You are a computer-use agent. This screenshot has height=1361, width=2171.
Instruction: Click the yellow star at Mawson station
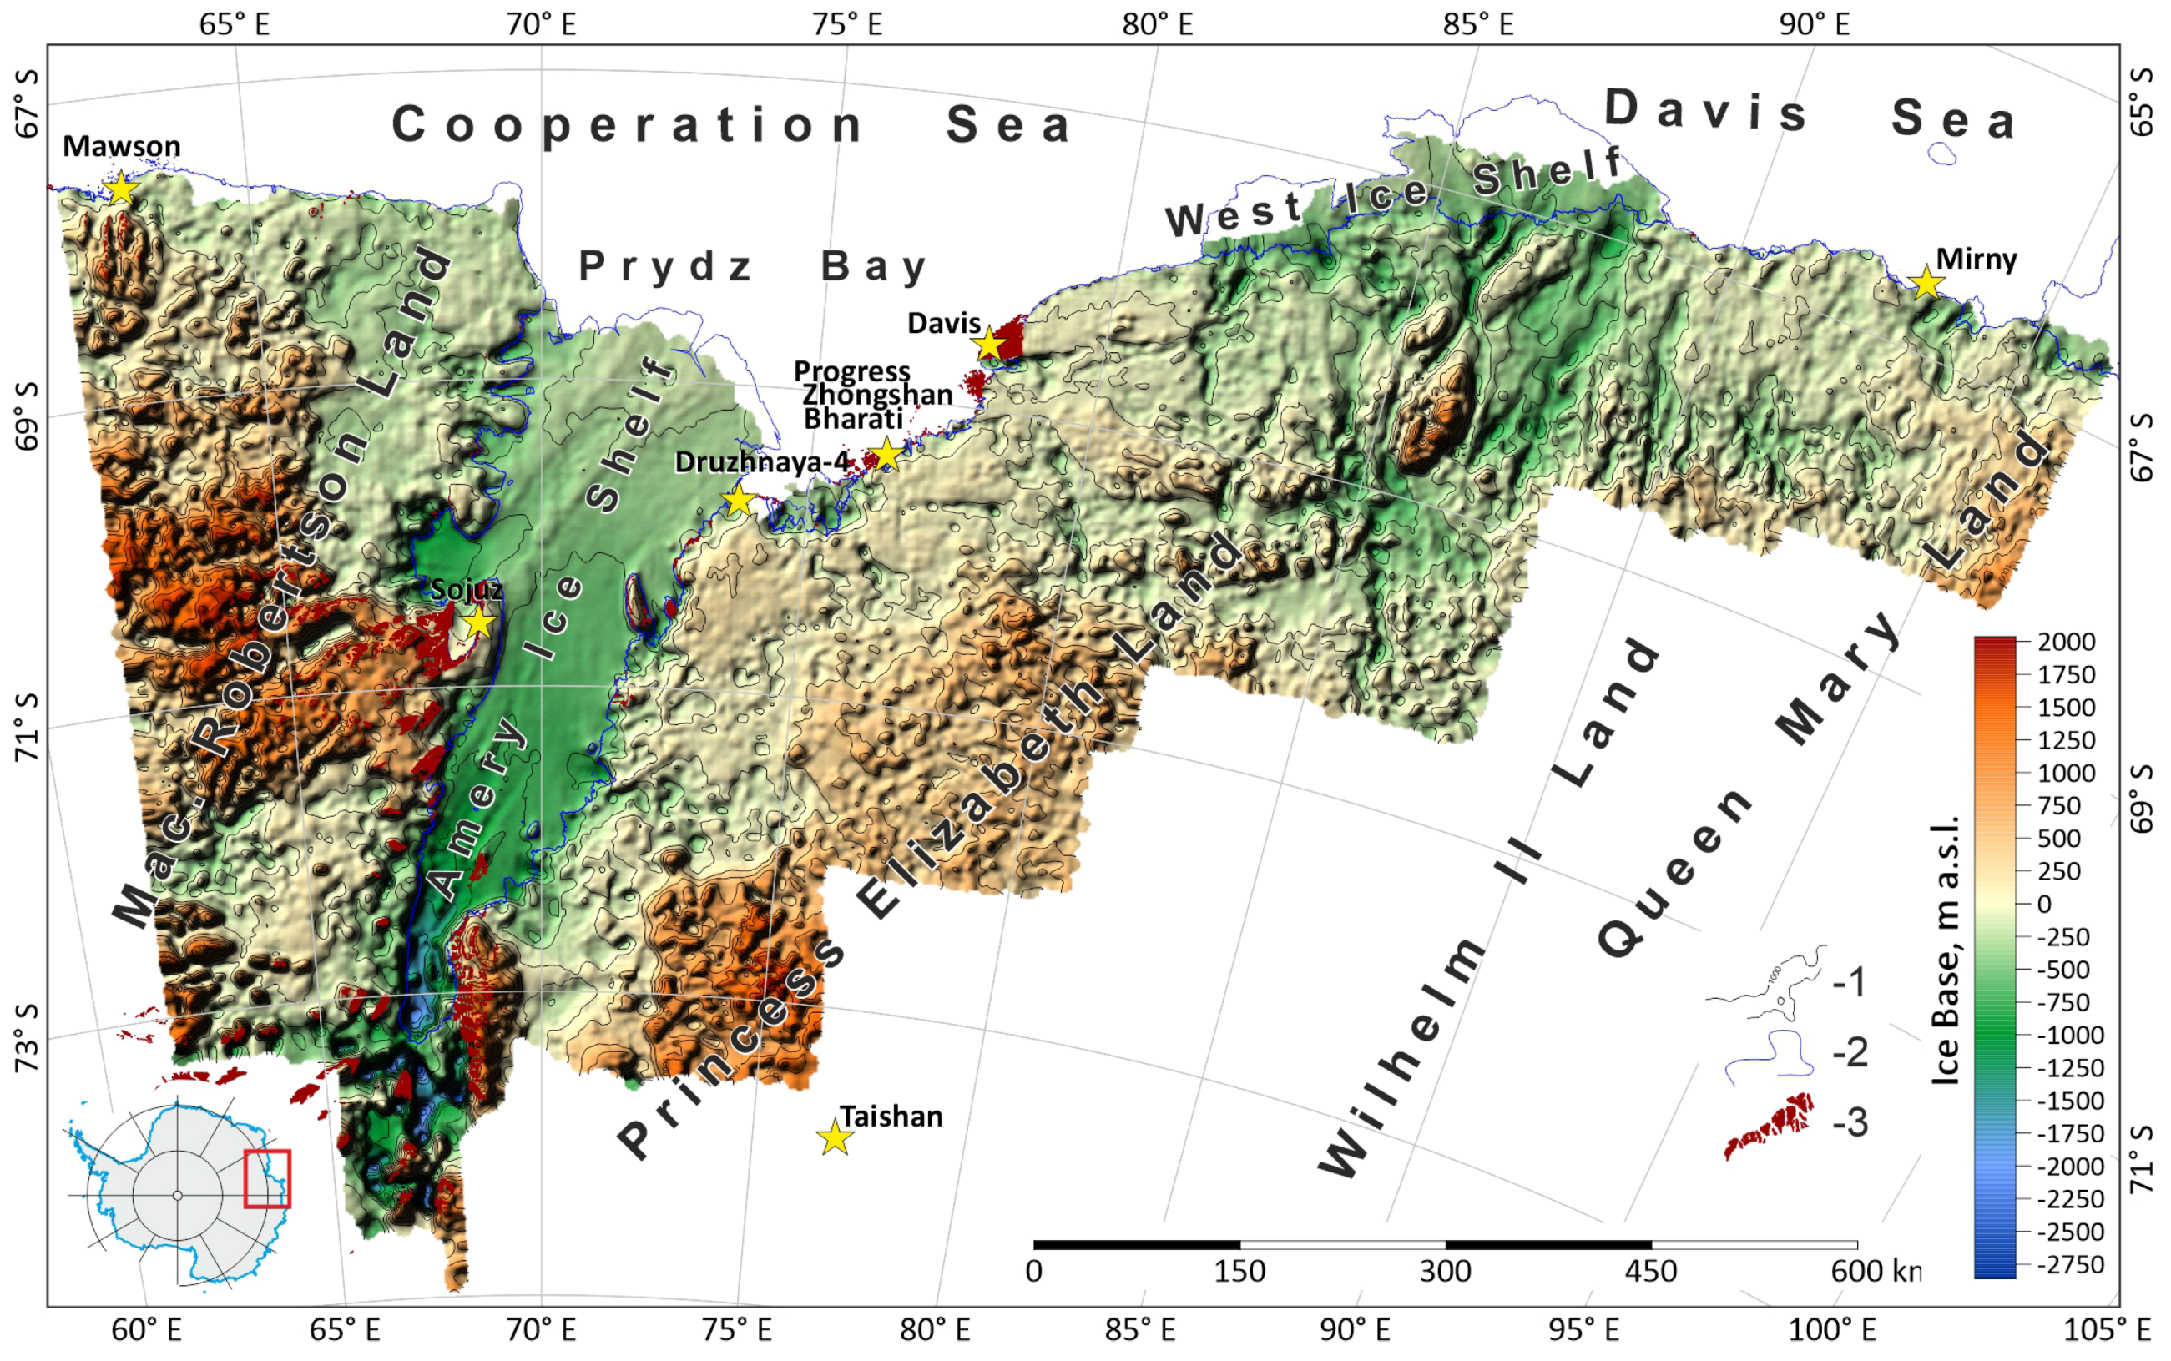[119, 189]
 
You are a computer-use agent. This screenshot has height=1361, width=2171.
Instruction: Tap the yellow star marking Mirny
[1926, 283]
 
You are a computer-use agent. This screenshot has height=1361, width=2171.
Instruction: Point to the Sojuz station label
[466, 590]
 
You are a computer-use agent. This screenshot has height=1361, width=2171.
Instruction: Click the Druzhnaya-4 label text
[761, 461]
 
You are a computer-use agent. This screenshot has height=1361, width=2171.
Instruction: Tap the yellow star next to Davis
[989, 344]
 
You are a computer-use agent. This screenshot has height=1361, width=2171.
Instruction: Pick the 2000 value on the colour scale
[2067, 642]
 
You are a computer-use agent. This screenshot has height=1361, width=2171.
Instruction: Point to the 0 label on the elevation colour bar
[2044, 904]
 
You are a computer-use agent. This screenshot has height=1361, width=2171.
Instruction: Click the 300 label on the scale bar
[1445, 1271]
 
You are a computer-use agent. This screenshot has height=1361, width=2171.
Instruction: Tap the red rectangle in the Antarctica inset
[266, 1178]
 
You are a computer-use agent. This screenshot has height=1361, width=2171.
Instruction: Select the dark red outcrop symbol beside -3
[1768, 1125]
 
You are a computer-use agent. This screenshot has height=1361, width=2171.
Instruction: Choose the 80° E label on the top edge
[1157, 24]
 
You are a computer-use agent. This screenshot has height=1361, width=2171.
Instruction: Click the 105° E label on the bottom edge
[2106, 1329]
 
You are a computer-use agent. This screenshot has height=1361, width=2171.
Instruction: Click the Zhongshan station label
[876, 394]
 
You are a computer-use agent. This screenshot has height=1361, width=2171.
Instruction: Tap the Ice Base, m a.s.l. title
[1946, 950]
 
